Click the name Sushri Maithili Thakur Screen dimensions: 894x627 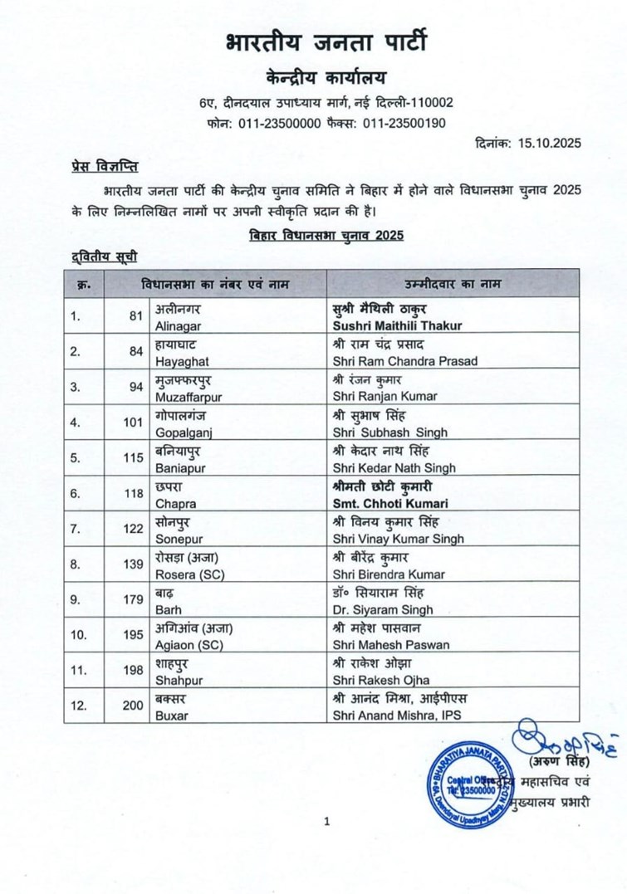pyautogui.click(x=396, y=325)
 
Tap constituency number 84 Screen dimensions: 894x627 pyautogui.click(x=134, y=351)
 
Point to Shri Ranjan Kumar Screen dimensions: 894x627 pyautogui.click(x=385, y=397)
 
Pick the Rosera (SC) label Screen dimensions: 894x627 pyautogui.click(x=188, y=574)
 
